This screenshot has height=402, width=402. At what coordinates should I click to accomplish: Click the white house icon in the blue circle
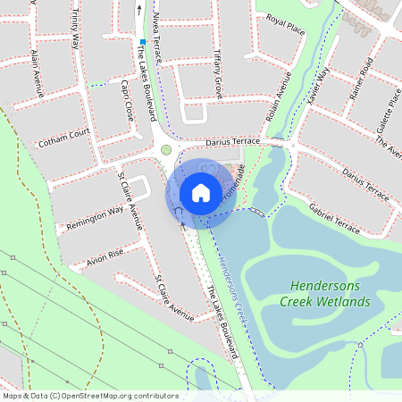(201, 193)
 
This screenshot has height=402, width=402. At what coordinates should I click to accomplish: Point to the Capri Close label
(126, 100)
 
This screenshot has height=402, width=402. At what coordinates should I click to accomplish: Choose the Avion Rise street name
(105, 258)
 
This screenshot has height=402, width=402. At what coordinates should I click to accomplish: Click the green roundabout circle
(166, 150)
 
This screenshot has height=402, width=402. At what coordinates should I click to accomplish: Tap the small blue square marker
(142, 42)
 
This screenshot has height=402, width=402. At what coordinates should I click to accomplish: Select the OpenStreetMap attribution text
(90, 395)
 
